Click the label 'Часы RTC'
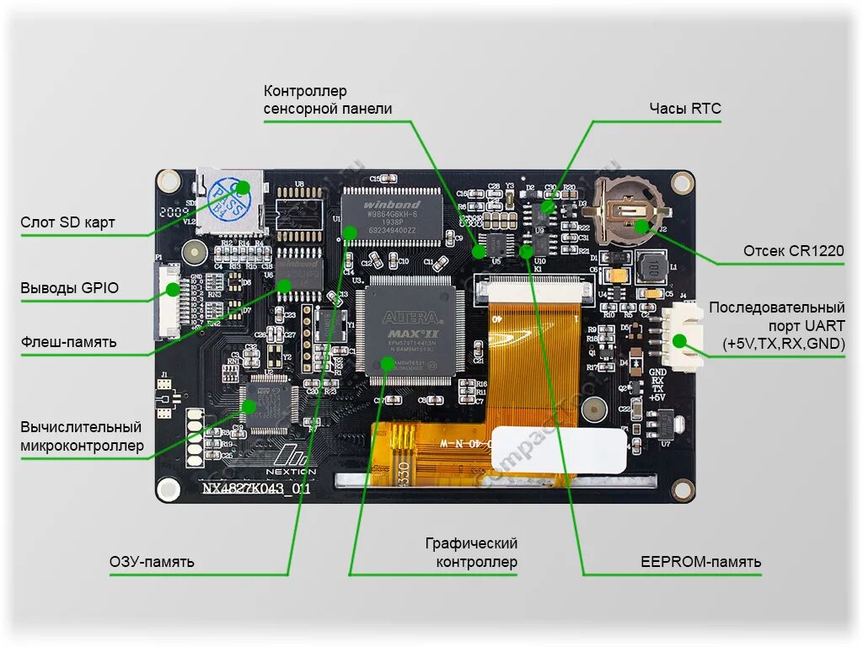pyautogui.click(x=684, y=109)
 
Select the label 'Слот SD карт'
pyautogui.click(x=67, y=222)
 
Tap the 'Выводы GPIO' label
pyautogui.click(x=69, y=288)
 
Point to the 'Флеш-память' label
pyautogui.click(x=68, y=342)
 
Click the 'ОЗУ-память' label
pyautogui.click(x=152, y=561)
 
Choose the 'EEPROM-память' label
pyautogui.click(x=700, y=561)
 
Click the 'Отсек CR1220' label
pyautogui.click(x=793, y=251)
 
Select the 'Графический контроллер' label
pyautogui.click(x=471, y=553)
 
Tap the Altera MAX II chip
pyautogui.click(x=411, y=329)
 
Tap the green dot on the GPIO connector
pyautogui.click(x=174, y=289)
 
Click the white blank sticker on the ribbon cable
pyautogui.click(x=559, y=449)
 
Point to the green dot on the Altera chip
pyautogui.click(x=387, y=363)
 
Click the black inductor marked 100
pyautogui.click(x=651, y=269)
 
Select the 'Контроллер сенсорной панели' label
pyautogui.click(x=327, y=99)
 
